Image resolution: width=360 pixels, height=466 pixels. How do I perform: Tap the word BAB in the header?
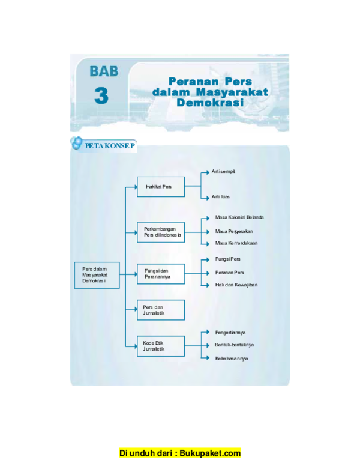click(x=104, y=71)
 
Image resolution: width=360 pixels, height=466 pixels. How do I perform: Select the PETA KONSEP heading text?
click(x=110, y=145)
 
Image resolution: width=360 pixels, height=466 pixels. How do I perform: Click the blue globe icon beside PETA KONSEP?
click(x=77, y=143)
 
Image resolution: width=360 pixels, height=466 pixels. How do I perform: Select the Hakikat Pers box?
click(x=160, y=187)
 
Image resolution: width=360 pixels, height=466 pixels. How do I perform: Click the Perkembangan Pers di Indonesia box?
click(x=160, y=232)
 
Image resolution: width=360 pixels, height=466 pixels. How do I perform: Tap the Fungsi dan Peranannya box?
click(x=160, y=274)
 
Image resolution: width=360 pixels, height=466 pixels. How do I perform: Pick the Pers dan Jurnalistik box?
click(x=160, y=310)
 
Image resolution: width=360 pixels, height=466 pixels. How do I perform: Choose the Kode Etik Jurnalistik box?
click(x=160, y=345)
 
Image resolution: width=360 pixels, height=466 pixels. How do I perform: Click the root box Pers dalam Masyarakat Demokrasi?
click(x=97, y=275)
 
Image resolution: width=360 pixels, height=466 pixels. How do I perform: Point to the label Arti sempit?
click(x=223, y=171)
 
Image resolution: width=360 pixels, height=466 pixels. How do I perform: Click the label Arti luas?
click(x=220, y=196)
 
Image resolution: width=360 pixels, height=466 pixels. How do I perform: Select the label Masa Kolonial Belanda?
click(x=239, y=217)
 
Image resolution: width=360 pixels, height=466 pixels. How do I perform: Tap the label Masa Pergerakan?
click(x=233, y=231)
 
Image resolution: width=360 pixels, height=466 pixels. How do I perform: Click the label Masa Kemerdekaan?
click(x=236, y=243)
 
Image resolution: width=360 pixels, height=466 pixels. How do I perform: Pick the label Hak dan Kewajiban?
click(x=236, y=285)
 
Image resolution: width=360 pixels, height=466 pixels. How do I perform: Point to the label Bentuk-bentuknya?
click(x=234, y=345)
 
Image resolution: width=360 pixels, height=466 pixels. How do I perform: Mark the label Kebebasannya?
click(x=231, y=359)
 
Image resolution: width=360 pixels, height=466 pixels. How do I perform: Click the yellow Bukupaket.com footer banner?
click(x=180, y=453)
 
